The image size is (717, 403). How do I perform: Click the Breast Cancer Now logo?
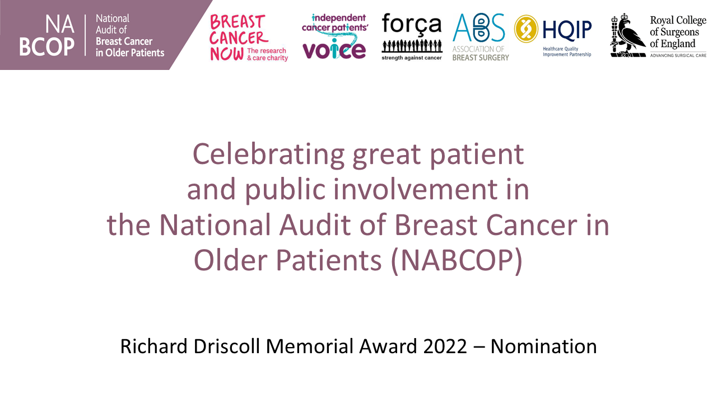pyautogui.click(x=249, y=38)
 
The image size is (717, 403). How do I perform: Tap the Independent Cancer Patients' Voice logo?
pyautogui.click(x=335, y=36)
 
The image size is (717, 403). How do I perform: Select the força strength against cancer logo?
pyautogui.click(x=412, y=36)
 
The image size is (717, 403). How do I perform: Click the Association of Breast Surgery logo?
pyautogui.click(x=480, y=37)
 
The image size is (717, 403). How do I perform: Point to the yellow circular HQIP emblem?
pyautogui.click(x=526, y=29)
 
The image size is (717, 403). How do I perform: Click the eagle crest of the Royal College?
pyautogui.click(x=628, y=35)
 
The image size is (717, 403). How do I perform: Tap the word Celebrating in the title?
pyautogui.click(x=268, y=155)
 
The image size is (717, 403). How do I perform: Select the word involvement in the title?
pyautogui.click(x=416, y=189)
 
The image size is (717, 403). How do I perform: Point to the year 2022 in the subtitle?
pyautogui.click(x=445, y=346)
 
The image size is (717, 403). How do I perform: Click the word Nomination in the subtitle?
pyautogui.click(x=543, y=346)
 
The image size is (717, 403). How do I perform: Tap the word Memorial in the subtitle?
pyautogui.click(x=309, y=346)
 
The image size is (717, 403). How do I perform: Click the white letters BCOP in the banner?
pyautogui.click(x=46, y=47)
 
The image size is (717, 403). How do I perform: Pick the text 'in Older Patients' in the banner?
pyautogui.click(x=130, y=53)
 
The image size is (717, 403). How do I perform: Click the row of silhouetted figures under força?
pyautogui.click(x=412, y=46)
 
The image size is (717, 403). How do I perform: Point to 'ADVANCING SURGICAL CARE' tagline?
pyautogui.click(x=678, y=55)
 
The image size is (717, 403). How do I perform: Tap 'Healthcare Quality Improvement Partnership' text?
pyautogui.click(x=567, y=51)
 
